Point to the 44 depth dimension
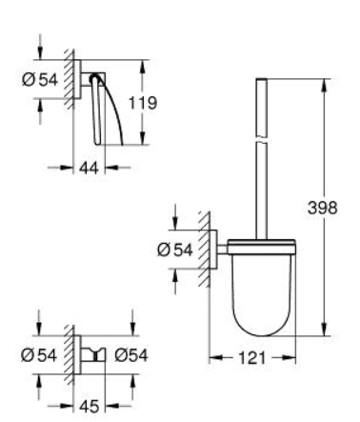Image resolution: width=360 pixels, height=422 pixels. (x=89, y=167)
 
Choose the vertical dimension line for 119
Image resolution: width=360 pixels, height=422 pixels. (x=143, y=133)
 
